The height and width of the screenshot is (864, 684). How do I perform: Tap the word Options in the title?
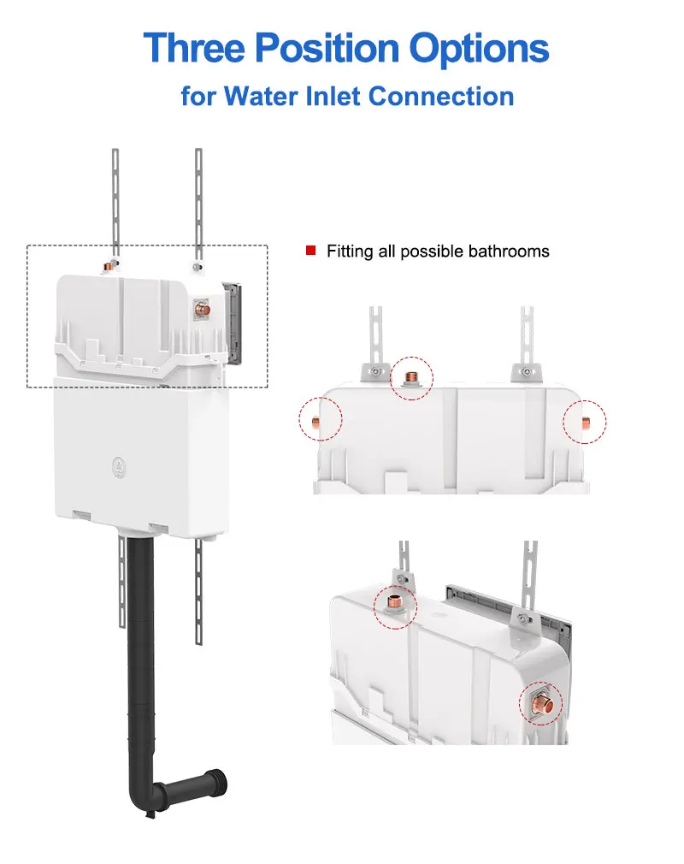tap(478, 49)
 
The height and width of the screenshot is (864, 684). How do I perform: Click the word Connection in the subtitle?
tap(441, 95)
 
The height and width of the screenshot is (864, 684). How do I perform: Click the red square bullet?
tap(311, 251)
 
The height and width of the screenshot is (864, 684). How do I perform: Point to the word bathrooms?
tap(509, 251)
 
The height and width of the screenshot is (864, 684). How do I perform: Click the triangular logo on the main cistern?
tap(118, 466)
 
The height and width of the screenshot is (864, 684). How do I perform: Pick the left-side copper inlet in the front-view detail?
tap(317, 422)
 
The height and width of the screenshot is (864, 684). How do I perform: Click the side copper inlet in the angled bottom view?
tap(542, 704)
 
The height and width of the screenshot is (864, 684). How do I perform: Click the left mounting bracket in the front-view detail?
tap(374, 370)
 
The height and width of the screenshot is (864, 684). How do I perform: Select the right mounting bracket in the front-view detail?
tap(524, 370)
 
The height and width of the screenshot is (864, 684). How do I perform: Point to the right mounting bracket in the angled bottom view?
tap(522, 621)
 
